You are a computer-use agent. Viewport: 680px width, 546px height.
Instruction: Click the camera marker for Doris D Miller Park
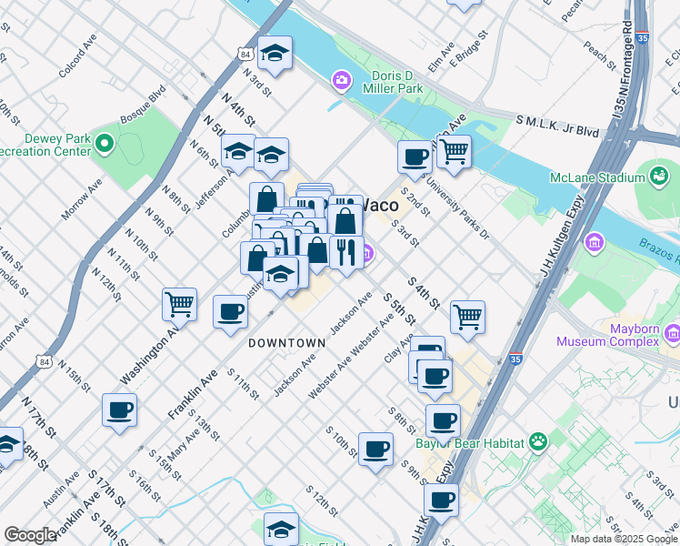[x=341, y=81]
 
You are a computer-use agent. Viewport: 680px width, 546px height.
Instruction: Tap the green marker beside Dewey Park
[x=105, y=144]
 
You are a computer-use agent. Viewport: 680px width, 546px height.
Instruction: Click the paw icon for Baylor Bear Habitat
[x=539, y=443]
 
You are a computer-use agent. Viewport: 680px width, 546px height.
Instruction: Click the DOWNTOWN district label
[x=286, y=343]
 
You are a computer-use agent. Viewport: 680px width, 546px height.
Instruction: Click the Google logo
[x=30, y=535]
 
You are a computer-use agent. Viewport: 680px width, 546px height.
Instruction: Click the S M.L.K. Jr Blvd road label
[x=557, y=126]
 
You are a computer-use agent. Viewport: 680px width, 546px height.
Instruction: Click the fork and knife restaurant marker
[x=345, y=252]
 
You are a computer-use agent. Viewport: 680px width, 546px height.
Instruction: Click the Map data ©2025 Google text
[x=624, y=538]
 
